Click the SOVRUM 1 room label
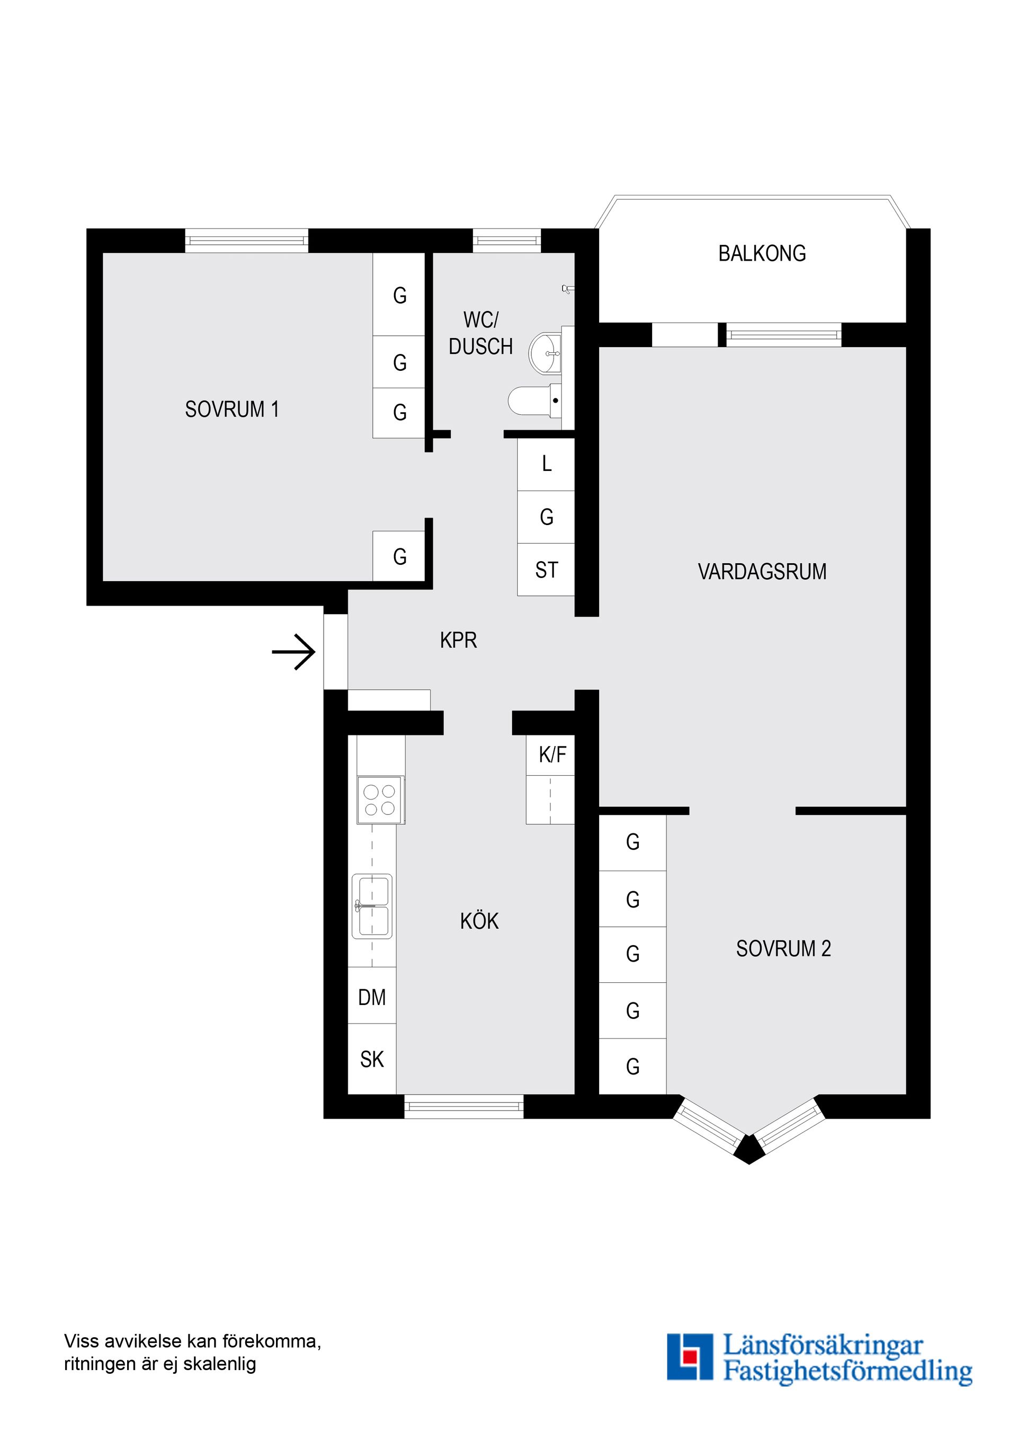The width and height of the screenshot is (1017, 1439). (232, 409)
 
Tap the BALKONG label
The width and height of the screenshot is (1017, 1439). (762, 253)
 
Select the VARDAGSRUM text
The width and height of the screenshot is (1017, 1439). (762, 572)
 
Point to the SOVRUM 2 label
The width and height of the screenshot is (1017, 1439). (783, 949)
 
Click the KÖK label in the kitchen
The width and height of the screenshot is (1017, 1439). (479, 921)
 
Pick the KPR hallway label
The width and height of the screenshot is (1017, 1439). (458, 640)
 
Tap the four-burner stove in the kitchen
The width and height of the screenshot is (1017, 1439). (380, 800)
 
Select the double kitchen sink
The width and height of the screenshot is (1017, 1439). (372, 907)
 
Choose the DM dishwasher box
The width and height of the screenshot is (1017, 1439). (372, 997)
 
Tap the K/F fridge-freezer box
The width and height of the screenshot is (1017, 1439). (550, 754)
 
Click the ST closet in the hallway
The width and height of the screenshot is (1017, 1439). (547, 570)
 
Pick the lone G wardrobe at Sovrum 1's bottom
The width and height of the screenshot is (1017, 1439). (399, 556)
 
